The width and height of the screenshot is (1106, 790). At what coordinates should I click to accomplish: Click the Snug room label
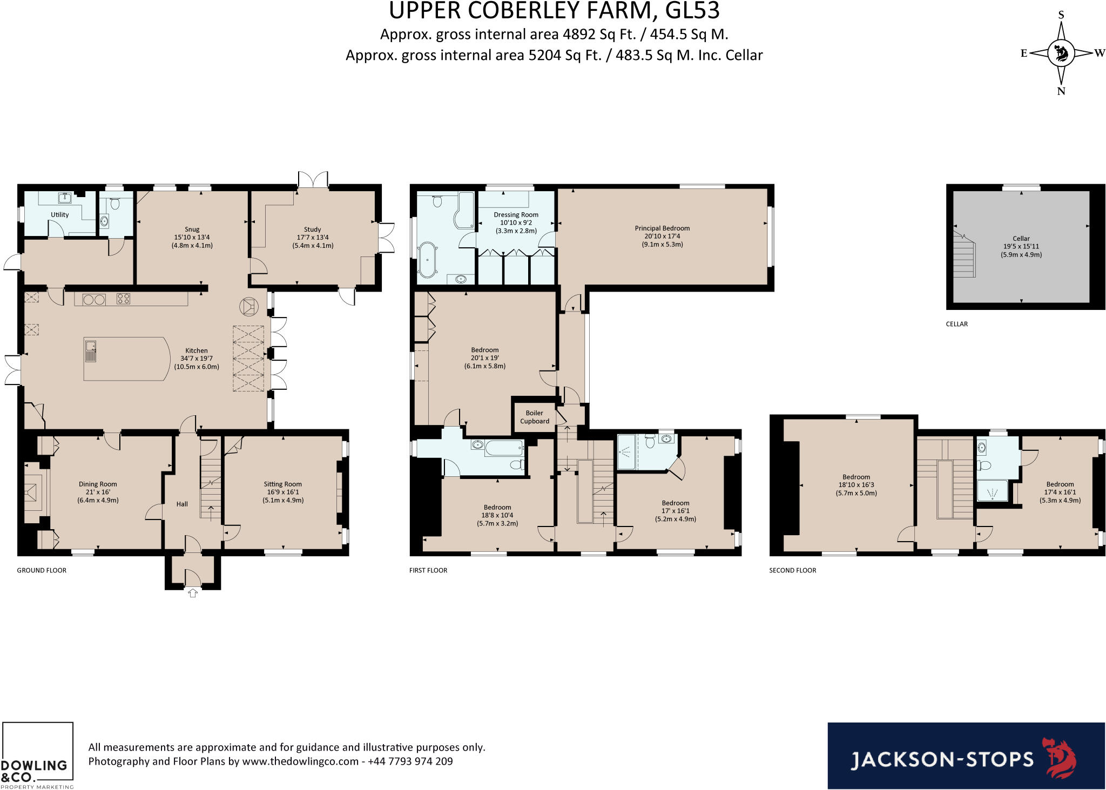[x=192, y=229]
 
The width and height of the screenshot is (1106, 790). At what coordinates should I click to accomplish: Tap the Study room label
[x=313, y=229]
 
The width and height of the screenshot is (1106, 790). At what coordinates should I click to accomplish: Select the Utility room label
[x=60, y=214]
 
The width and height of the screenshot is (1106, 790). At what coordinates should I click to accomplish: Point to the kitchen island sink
[x=90, y=351]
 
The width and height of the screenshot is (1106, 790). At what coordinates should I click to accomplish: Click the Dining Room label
[x=98, y=484]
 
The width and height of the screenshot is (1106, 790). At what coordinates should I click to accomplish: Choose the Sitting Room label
[x=283, y=484]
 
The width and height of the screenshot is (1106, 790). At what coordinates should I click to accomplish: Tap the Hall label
[x=182, y=504]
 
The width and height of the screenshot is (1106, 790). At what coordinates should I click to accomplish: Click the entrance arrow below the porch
[x=193, y=593]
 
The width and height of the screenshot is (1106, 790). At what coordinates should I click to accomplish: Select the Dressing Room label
[x=516, y=214]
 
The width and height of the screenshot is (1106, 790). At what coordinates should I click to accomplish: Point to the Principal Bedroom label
[x=663, y=228]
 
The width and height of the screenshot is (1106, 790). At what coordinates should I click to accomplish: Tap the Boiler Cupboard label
[x=535, y=417]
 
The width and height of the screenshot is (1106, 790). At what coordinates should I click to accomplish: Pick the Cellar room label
[x=1021, y=239]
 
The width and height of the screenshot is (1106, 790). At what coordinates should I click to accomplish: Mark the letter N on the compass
[x=1061, y=91]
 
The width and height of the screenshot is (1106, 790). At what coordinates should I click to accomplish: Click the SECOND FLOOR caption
[x=793, y=570]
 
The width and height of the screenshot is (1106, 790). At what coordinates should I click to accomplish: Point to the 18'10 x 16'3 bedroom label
[x=857, y=485]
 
